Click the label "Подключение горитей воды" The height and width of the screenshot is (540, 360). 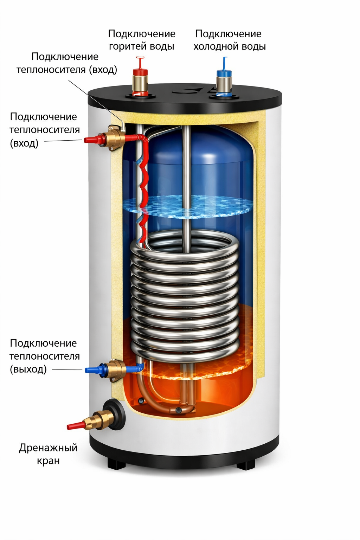click(x=142, y=40)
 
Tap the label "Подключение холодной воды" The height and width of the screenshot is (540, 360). click(x=229, y=40)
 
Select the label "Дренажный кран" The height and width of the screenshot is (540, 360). click(x=48, y=454)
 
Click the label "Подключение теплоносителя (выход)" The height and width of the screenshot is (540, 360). click(x=45, y=356)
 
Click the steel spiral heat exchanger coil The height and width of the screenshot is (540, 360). click(x=185, y=299)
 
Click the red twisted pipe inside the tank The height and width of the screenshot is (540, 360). click(x=144, y=186)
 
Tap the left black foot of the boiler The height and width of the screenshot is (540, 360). click(x=116, y=463)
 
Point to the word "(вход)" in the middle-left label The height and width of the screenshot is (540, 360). click(x=24, y=143)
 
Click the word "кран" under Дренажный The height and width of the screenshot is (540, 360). click(x=48, y=461)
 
